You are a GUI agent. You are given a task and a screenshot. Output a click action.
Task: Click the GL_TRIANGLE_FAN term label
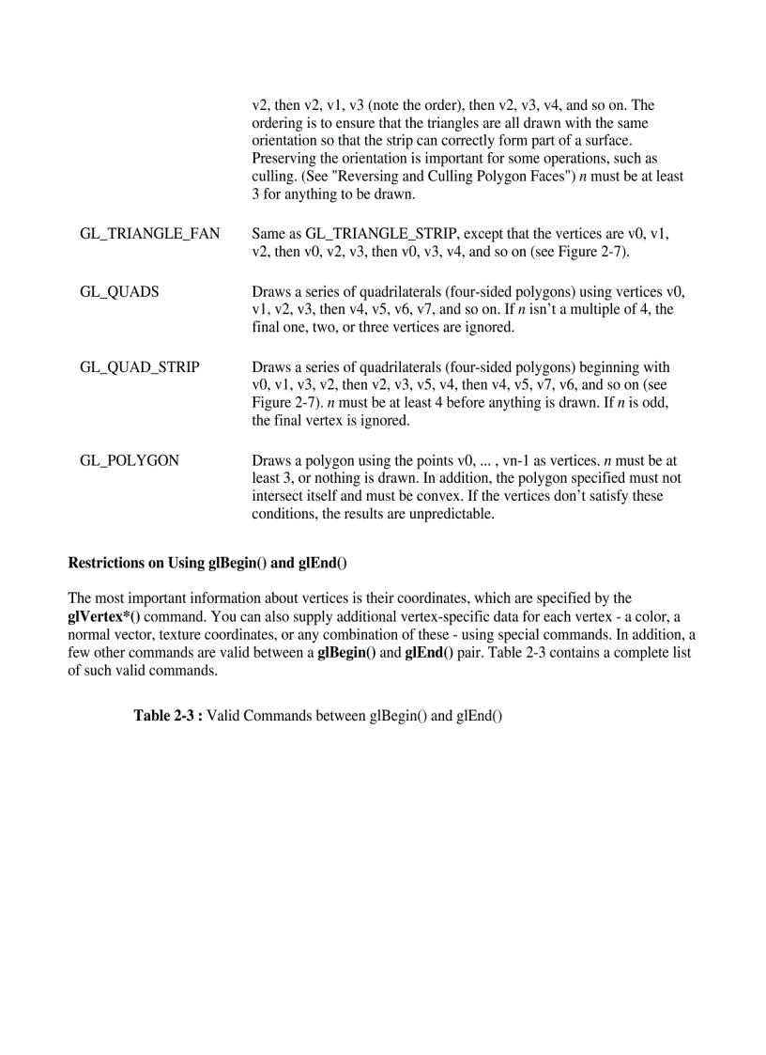(149, 234)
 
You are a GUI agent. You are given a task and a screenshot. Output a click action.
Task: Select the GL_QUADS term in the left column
(119, 291)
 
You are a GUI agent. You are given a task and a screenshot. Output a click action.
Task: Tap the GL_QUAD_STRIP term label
(139, 366)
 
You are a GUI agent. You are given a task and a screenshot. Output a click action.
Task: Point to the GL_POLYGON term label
(129, 460)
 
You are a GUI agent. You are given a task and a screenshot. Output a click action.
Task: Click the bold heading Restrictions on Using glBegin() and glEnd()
(207, 563)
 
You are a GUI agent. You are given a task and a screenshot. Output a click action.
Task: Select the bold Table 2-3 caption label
(168, 716)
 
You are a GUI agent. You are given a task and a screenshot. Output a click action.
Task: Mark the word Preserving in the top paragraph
(286, 159)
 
